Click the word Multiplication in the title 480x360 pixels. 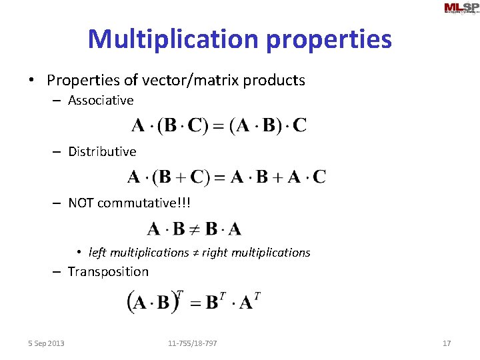[173, 39]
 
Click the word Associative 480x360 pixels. [101, 101]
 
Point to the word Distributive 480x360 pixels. [102, 152]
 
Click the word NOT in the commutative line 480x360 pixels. [81, 203]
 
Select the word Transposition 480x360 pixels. [108, 272]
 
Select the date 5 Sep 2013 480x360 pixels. [47, 343]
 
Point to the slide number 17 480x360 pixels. [447, 343]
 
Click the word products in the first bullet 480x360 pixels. [275, 81]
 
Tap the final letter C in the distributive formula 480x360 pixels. [319, 177]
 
